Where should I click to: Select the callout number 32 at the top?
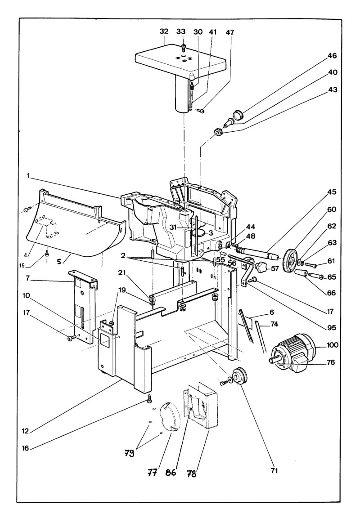[164, 31]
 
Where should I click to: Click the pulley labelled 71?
[240, 376]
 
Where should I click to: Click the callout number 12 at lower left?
[25, 431]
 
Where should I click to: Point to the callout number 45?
[331, 192]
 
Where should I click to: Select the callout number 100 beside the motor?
[331, 345]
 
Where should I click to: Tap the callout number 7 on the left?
[28, 278]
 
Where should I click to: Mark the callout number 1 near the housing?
[28, 176]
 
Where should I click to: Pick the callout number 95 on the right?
[331, 327]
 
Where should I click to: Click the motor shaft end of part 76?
[272, 361]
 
